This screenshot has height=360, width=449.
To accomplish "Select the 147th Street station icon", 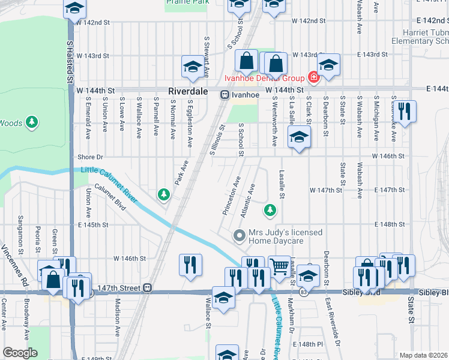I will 147,287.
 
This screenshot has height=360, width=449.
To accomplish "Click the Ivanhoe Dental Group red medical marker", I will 313,77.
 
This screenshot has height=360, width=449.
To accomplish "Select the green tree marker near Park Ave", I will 163,194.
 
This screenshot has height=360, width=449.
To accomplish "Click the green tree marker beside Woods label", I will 32,124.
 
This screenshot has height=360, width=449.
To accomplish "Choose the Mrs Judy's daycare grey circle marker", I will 240,235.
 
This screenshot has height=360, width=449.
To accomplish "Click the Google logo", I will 20,353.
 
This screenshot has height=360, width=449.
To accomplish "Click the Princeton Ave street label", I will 231,196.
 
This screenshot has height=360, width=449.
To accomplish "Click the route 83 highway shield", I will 305,292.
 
